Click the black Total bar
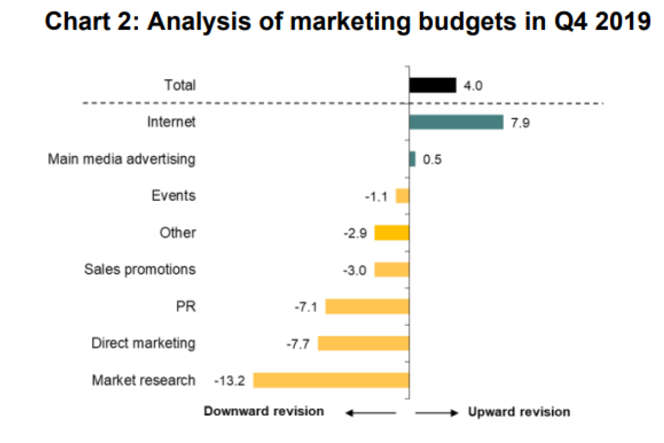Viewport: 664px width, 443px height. pos(432,85)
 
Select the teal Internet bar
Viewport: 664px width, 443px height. pos(456,122)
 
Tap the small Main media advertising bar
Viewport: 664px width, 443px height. pos(412,159)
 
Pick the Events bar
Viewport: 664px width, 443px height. pos(403,196)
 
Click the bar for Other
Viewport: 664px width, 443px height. pos(392,233)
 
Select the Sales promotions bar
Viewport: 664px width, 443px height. pos(392,269)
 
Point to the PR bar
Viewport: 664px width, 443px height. pos(367,306)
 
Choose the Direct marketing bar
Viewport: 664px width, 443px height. pos(364,343)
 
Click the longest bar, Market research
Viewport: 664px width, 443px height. pos(331,380)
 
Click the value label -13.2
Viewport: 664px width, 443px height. pos(229,381)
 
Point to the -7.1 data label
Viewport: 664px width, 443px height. pos(306,307)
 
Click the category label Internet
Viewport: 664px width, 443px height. pos(171,122)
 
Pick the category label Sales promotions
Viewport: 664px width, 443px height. pos(140,269)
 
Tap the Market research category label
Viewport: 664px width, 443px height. pos(143,380)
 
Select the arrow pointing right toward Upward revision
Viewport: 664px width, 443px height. pos(436,413)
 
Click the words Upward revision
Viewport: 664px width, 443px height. pos(519,412)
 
